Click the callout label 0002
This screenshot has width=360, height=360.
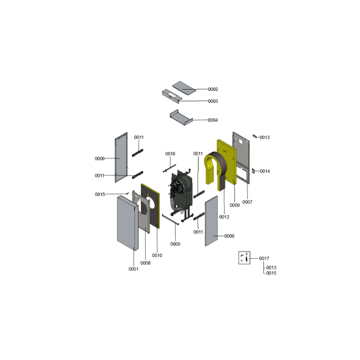(213, 89)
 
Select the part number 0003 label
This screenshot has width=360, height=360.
(213, 101)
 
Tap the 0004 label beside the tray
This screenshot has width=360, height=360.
(212, 120)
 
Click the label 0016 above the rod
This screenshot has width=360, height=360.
(170, 154)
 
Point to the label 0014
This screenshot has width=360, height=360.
(265, 171)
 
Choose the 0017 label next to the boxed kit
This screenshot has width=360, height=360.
(264, 258)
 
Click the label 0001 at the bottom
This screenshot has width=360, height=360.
(133, 269)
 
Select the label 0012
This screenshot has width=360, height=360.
(224, 217)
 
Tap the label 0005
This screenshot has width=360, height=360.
(175, 244)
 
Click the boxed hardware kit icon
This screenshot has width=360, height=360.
(244, 257)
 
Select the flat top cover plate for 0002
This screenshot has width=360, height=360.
(184, 88)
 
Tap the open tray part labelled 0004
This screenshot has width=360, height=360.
(181, 117)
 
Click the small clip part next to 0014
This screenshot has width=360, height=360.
(253, 171)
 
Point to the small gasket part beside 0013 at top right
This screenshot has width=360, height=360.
(255, 136)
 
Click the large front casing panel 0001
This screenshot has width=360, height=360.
(128, 223)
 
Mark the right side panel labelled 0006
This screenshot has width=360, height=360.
(211, 221)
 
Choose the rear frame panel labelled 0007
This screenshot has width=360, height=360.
(241, 157)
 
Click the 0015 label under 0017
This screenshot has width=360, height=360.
(271, 273)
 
